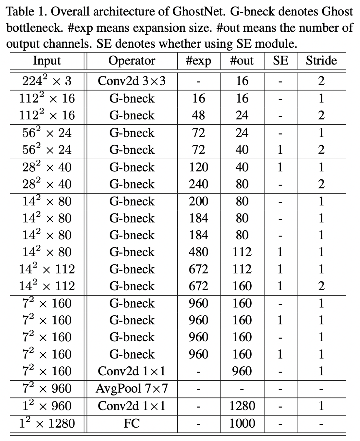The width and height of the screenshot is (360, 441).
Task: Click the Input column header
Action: (47, 61)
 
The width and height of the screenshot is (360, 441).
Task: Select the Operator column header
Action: (132, 61)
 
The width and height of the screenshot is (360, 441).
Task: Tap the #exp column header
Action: (198, 61)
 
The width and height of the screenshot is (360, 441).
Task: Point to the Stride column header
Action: (321, 61)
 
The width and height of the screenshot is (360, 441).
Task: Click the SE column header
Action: (280, 61)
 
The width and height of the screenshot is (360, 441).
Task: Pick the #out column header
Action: (242, 61)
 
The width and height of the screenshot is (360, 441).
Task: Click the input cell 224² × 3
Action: (47, 80)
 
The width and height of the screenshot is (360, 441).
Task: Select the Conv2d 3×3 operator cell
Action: (132, 81)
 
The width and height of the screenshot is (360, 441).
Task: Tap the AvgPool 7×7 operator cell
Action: (132, 388)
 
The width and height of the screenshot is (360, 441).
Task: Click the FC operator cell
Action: (132, 423)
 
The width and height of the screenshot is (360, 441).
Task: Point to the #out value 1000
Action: (242, 423)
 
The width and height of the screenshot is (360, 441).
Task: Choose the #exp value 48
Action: (198, 115)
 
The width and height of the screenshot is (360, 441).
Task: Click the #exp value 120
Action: (198, 167)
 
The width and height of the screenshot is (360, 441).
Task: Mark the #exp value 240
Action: (198, 184)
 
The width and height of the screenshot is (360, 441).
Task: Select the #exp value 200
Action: (198, 201)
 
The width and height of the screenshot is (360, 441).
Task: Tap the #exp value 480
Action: (198, 252)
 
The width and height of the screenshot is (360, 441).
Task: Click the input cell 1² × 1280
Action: (47, 423)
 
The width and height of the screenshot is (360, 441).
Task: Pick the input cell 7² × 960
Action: (47, 388)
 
